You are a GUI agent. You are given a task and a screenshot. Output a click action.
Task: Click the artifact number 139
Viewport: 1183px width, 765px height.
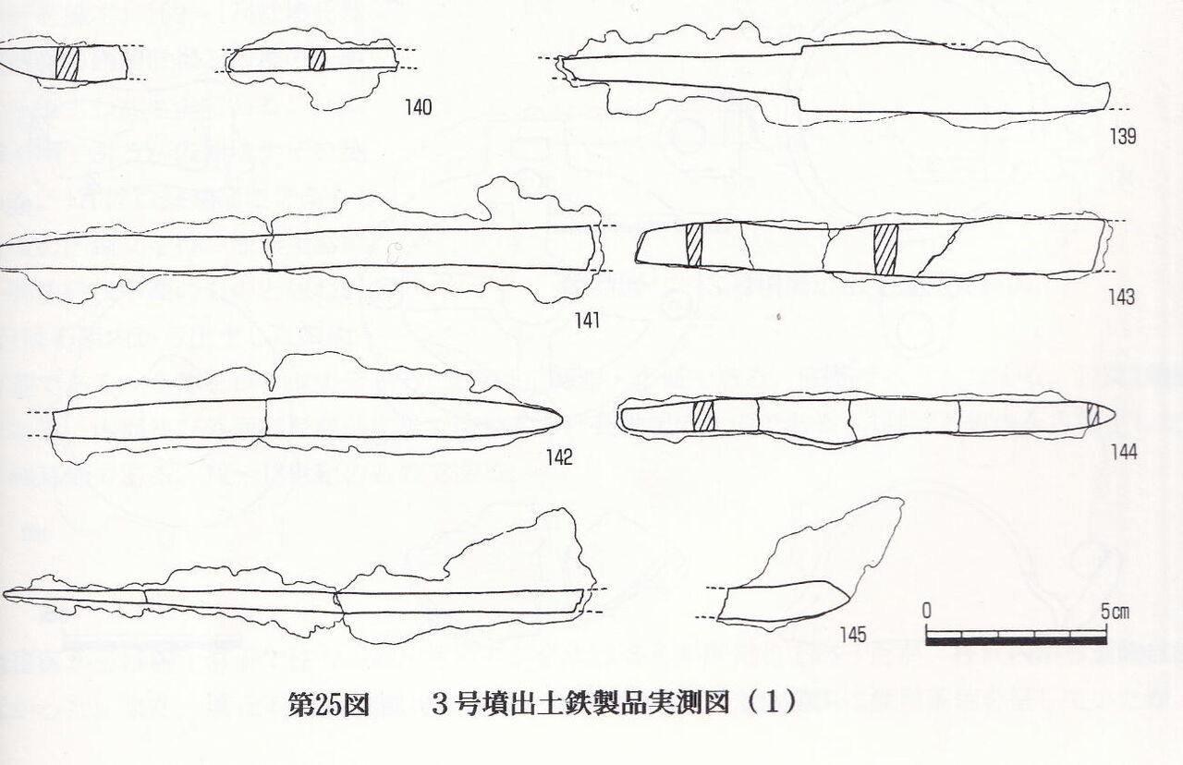coord(1123,137)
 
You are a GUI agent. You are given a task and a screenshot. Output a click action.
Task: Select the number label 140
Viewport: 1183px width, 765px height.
coord(419,108)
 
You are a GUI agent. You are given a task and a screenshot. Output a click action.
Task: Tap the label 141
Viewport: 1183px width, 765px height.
coord(587,321)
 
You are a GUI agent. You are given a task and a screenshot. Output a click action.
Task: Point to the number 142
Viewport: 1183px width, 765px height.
coord(559,457)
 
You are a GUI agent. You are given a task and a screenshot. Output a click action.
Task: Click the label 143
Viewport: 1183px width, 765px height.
coord(1122,297)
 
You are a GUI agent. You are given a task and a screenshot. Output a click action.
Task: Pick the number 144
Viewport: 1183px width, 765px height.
coord(1124,453)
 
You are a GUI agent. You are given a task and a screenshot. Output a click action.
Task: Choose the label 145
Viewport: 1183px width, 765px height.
coord(853,635)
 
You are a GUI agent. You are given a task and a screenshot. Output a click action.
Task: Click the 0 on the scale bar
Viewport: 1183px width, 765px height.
coord(927,611)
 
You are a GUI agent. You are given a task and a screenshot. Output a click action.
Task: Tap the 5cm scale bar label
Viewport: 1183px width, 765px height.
coord(1115,612)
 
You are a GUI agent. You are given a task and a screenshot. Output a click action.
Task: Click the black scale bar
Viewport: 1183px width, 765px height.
coord(1016,641)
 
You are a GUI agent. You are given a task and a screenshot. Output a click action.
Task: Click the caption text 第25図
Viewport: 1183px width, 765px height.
coord(328,704)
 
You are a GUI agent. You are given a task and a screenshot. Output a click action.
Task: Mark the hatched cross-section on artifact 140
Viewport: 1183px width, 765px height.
coord(317,60)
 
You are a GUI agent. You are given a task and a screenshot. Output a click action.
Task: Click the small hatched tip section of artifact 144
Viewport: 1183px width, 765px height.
coord(1093,415)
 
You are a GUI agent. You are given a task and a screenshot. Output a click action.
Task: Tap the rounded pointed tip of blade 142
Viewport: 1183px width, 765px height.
coord(561,419)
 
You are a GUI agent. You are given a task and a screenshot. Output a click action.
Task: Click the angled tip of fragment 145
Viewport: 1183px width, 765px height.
coord(848,598)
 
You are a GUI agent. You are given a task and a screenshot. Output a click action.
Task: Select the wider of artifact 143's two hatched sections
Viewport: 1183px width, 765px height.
coord(886,249)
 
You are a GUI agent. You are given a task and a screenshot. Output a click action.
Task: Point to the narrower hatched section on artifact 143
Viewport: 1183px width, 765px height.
coord(694,245)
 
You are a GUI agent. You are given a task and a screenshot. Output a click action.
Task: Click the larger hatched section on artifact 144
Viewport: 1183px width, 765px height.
coord(703,416)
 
